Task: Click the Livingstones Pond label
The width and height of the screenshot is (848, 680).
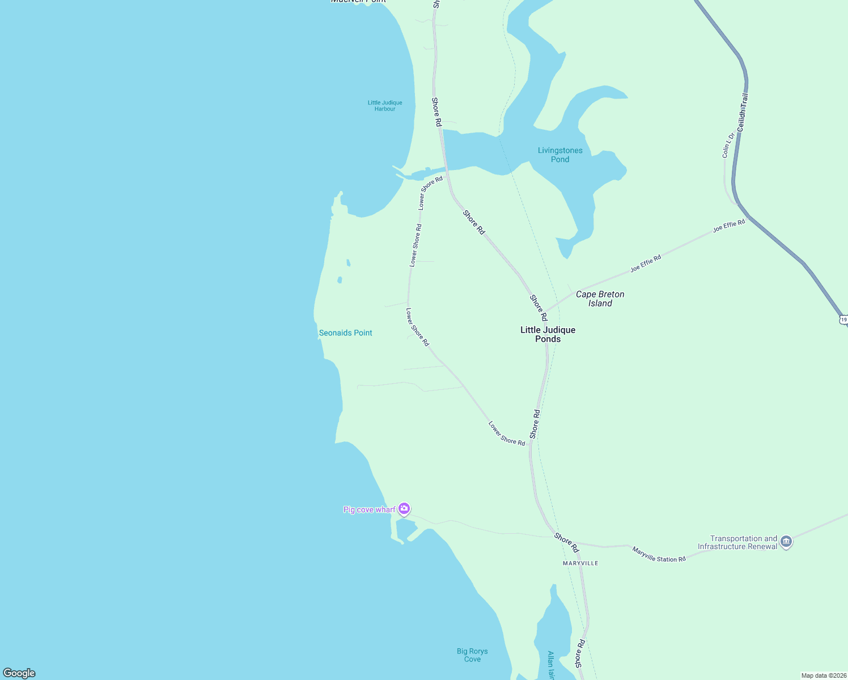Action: tap(560, 155)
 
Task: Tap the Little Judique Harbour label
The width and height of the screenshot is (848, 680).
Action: tap(385, 106)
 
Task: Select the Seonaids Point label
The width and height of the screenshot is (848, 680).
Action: tap(345, 333)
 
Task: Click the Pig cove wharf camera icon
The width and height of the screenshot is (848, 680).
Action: tap(404, 508)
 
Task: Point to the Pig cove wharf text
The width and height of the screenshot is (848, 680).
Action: tap(369, 509)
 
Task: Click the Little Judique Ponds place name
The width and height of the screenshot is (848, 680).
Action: tap(548, 334)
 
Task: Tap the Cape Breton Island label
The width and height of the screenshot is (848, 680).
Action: tap(600, 299)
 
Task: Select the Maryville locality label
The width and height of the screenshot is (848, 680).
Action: tap(580, 563)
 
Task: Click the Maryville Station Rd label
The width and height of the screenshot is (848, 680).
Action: tap(659, 555)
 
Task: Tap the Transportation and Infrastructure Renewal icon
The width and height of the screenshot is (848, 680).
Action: tap(786, 542)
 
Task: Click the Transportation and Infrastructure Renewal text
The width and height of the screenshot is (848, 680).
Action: tap(737, 542)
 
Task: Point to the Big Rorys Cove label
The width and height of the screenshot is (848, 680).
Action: tap(472, 655)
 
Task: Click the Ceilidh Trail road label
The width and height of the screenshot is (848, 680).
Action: tap(743, 113)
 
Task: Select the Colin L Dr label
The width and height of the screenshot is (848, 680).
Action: tap(728, 144)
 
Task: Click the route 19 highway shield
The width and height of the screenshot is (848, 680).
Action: tap(843, 320)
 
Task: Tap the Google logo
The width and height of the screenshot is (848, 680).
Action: tap(19, 673)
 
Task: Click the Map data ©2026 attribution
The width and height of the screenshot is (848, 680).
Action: tap(823, 675)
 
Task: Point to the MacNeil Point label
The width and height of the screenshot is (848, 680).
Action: tap(358, 1)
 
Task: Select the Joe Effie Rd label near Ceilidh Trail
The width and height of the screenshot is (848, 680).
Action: tap(729, 226)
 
